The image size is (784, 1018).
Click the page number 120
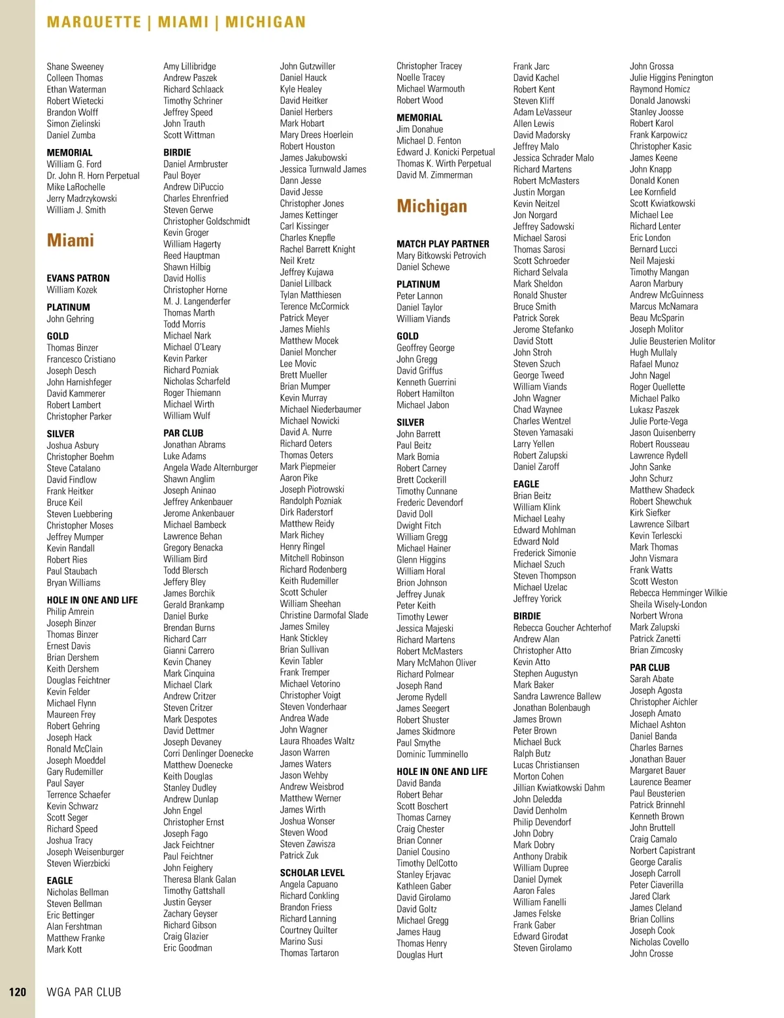click(18, 992)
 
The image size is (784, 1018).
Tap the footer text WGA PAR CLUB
click(84, 992)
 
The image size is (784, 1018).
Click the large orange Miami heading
click(71, 240)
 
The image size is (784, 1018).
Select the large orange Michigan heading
click(432, 206)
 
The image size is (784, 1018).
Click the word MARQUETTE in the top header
click(94, 22)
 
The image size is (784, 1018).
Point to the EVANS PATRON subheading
click(78, 278)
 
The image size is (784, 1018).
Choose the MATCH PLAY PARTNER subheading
click(442, 244)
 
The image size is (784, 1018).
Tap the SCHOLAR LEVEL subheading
click(312, 873)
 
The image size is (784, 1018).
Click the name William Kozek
click(72, 290)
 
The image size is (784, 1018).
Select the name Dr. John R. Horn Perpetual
click(93, 176)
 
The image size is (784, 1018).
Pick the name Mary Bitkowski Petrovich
click(441, 255)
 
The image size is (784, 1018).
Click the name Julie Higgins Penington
click(671, 78)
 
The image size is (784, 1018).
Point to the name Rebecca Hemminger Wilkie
click(678, 593)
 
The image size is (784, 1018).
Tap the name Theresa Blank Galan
click(199, 879)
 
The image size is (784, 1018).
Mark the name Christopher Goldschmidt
click(206, 222)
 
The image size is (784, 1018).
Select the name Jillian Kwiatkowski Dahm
click(559, 788)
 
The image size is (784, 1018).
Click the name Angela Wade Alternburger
click(210, 468)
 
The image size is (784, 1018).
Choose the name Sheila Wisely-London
click(668, 604)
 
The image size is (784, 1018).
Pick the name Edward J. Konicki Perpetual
click(446, 152)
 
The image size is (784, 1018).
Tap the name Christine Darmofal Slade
click(324, 616)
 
